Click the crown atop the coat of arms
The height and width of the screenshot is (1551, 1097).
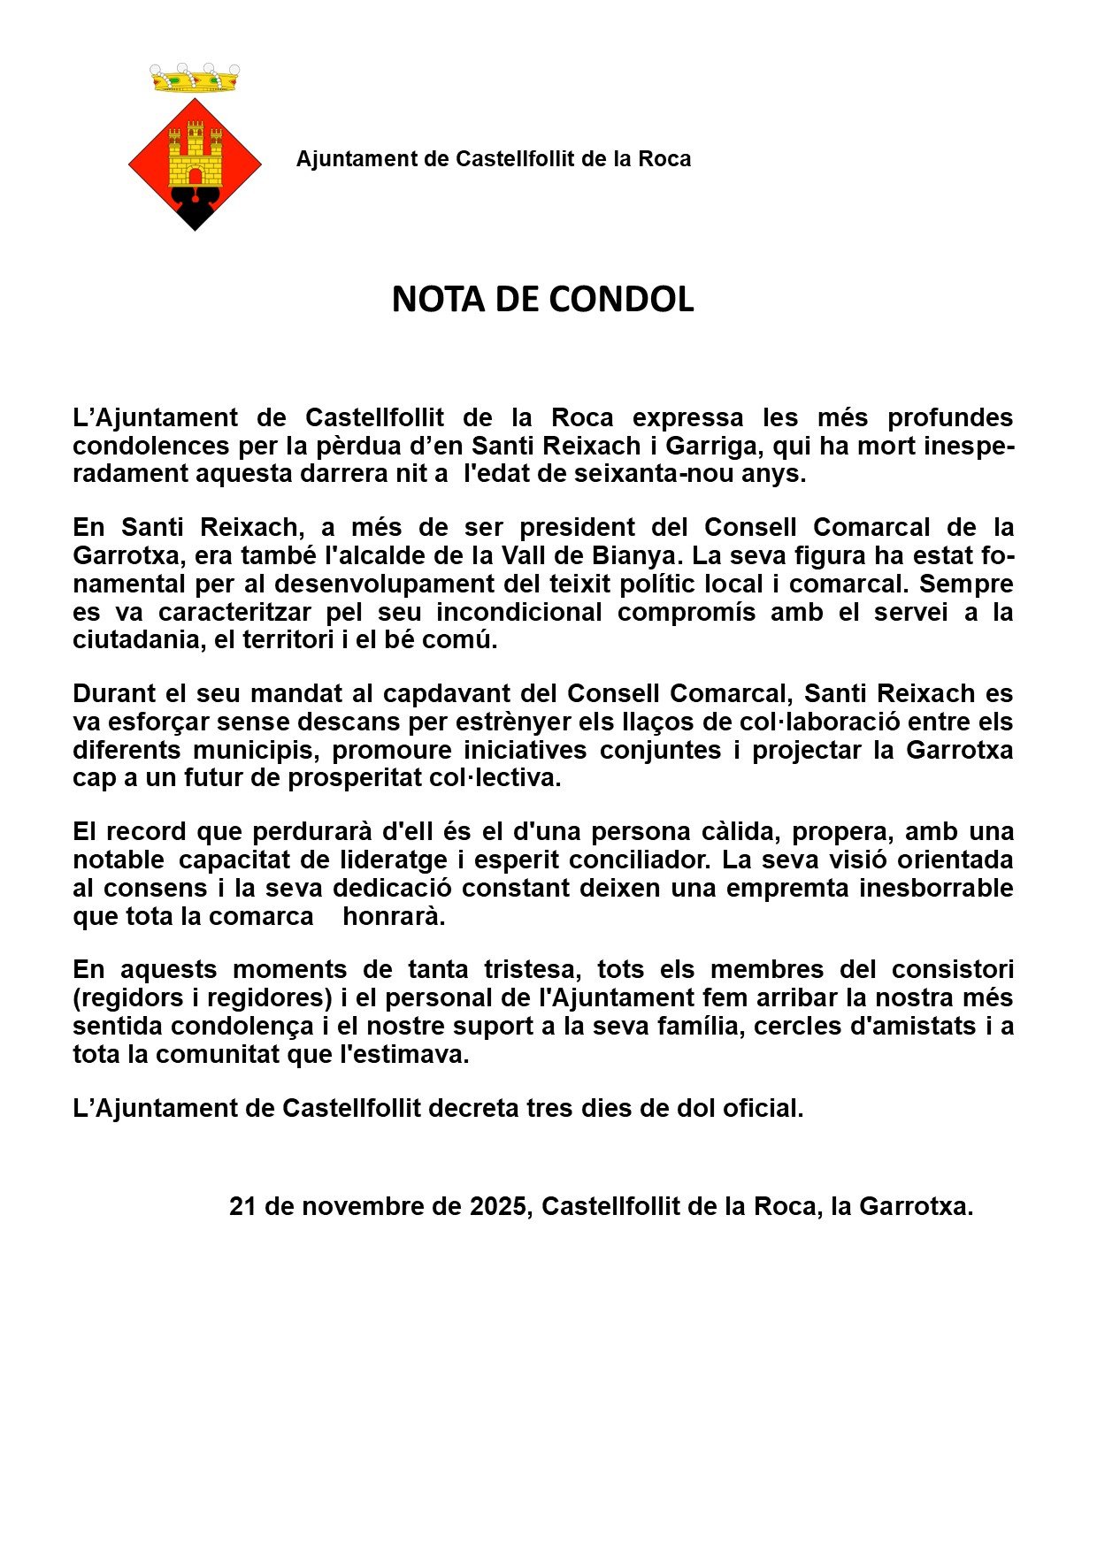(x=195, y=79)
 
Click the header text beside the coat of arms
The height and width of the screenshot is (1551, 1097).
(x=493, y=159)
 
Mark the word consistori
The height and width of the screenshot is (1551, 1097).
(x=952, y=970)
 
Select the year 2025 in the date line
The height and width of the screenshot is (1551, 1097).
(x=498, y=1207)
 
